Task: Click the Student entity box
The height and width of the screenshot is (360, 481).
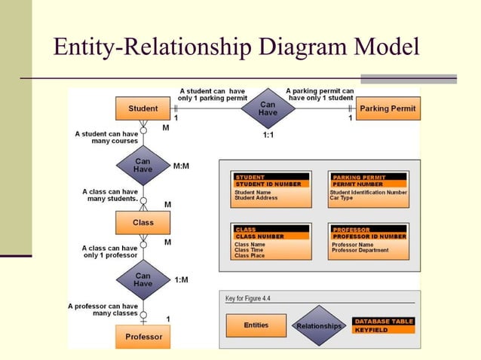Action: click(143, 108)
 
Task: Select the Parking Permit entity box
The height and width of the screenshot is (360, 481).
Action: click(388, 108)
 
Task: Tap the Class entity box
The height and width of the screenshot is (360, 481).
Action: click(143, 222)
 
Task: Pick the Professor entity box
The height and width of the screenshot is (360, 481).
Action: click(143, 336)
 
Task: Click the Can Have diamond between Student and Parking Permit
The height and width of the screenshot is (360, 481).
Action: click(268, 108)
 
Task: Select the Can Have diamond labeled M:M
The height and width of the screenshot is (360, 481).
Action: click(143, 165)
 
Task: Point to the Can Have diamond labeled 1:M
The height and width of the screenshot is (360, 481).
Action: click(143, 279)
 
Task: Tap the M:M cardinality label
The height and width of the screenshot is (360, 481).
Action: click(181, 166)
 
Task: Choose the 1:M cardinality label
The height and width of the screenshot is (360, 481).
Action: click(181, 279)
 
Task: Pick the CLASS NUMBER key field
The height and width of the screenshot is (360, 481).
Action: click(260, 236)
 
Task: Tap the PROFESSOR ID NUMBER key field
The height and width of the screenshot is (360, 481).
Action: click(369, 236)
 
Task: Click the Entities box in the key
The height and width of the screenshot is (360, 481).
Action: click(256, 325)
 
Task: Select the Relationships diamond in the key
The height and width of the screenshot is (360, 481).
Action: click(319, 326)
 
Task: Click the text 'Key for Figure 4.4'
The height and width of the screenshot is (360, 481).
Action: click(248, 298)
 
